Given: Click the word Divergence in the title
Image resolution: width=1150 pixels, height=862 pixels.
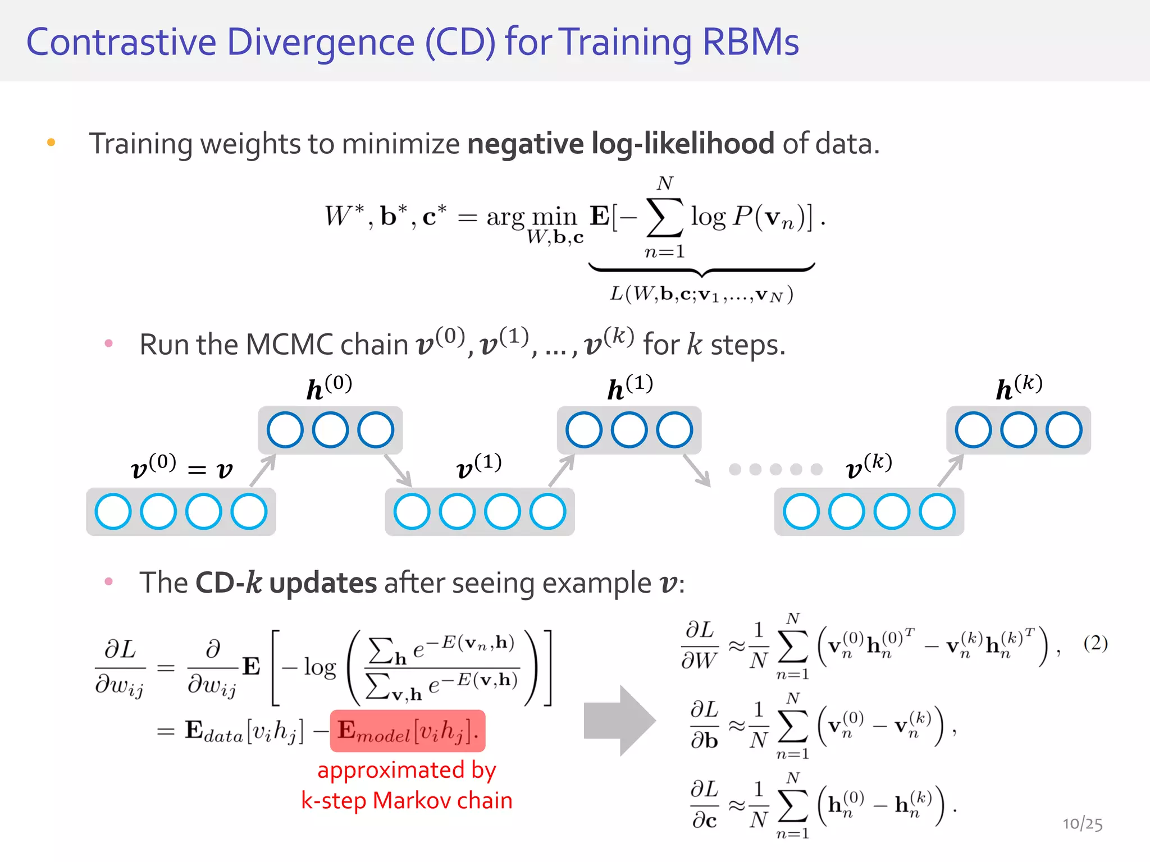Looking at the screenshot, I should pyautogui.click(x=321, y=43).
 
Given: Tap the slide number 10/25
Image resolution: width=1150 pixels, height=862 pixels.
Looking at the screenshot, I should pyautogui.click(x=1082, y=824).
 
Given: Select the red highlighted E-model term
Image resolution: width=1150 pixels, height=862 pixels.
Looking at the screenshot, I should pyautogui.click(x=408, y=731).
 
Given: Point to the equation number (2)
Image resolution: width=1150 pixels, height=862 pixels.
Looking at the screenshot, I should pyautogui.click(x=1095, y=643).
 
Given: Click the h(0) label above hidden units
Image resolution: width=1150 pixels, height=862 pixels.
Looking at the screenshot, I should pyautogui.click(x=329, y=387).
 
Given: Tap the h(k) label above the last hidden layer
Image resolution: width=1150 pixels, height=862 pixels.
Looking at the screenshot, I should pyautogui.click(x=1019, y=387).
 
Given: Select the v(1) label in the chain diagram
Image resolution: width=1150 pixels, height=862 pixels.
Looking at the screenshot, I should pyautogui.click(x=478, y=466).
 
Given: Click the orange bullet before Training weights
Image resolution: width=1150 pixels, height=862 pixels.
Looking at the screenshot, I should pyautogui.click(x=51, y=143).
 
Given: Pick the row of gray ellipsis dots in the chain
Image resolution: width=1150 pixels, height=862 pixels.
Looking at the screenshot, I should pyautogui.click(x=775, y=469).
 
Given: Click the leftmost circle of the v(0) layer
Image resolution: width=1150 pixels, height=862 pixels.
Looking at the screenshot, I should pyautogui.click(x=113, y=511).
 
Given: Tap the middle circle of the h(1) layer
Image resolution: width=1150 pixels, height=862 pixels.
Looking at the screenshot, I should pyautogui.click(x=629, y=430).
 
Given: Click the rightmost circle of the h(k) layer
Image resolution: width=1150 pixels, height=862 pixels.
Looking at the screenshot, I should pyautogui.click(x=1064, y=430).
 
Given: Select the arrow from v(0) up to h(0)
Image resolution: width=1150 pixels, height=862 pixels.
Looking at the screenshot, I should pyautogui.click(x=263, y=470).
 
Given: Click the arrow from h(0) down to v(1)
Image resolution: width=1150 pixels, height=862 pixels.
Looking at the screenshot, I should pyautogui.click(x=398, y=470).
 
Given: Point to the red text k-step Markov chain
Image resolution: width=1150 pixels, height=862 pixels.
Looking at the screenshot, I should pyautogui.click(x=407, y=800).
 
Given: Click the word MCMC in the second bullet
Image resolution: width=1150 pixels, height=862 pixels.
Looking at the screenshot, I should pyautogui.click(x=290, y=345).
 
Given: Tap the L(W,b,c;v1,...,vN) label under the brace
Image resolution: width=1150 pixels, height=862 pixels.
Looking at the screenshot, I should pyautogui.click(x=701, y=294).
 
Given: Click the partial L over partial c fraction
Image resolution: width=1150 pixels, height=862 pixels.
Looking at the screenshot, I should pyautogui.click(x=704, y=805).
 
